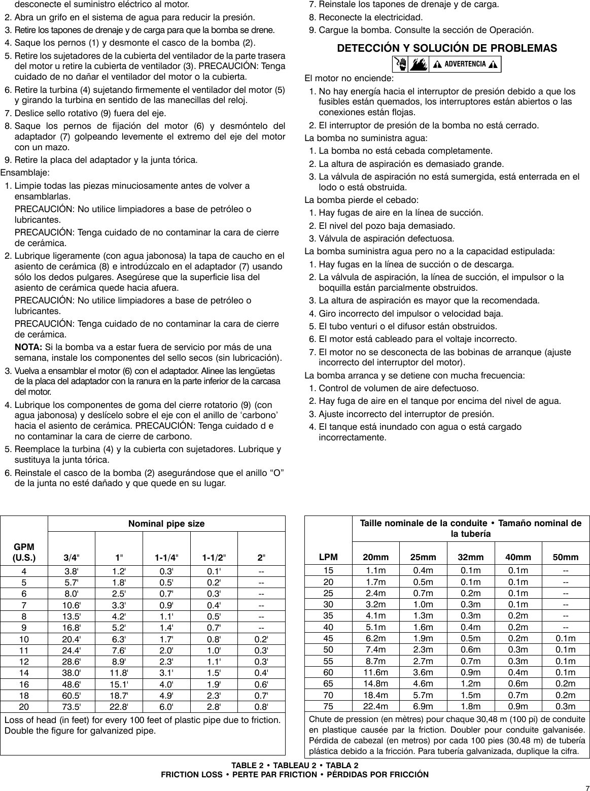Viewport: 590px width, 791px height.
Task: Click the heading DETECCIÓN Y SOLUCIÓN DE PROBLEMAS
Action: click(x=447, y=49)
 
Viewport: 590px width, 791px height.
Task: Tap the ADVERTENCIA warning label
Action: click(x=465, y=64)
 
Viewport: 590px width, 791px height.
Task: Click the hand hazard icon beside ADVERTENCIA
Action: click(x=401, y=64)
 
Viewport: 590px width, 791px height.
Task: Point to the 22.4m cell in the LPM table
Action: click(x=376, y=706)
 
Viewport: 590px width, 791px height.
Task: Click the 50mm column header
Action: click(x=566, y=557)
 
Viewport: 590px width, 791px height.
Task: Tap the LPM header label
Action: click(x=328, y=557)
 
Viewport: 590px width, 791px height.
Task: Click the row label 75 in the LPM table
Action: click(x=328, y=706)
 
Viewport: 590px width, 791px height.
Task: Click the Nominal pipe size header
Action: click(x=166, y=524)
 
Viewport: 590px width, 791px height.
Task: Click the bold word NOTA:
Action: click(x=28, y=348)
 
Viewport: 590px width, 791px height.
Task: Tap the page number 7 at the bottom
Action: click(x=584, y=785)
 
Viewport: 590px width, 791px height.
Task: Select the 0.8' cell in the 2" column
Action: click(x=261, y=706)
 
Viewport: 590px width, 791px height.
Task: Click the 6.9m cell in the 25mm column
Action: click(x=424, y=706)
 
